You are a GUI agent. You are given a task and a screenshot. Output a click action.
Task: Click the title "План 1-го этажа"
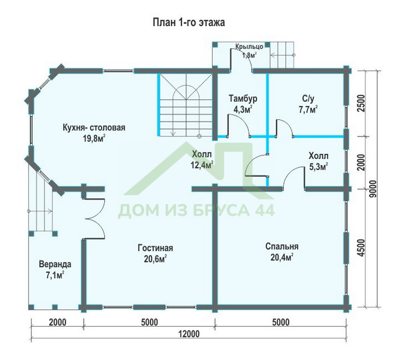[x=189, y=22]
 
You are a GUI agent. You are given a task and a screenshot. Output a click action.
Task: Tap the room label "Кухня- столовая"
[x=94, y=127]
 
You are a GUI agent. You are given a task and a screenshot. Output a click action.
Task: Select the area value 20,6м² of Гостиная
[x=156, y=259]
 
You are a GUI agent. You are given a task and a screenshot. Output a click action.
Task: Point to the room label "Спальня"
[x=282, y=247]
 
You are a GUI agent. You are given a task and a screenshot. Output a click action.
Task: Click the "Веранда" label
[x=55, y=264]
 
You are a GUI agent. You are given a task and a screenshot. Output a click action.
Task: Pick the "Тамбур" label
[x=243, y=98]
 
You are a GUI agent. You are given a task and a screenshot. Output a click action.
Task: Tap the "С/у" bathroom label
[x=308, y=98]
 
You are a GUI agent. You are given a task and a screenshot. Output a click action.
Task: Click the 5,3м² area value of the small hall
[x=319, y=166]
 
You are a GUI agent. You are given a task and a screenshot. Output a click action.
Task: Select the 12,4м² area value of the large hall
[x=202, y=165]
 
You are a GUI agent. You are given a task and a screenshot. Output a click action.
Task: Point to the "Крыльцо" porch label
[x=249, y=47]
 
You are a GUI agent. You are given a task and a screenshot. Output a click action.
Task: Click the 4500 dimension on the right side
[x=361, y=248]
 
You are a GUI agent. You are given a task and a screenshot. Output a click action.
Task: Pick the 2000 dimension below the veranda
[x=58, y=322]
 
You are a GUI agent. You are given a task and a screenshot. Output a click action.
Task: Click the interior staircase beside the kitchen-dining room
[x=185, y=105]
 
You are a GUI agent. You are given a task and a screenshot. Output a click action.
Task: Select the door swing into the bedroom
[x=294, y=178]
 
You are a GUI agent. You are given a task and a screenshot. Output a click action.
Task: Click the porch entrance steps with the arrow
[x=282, y=55]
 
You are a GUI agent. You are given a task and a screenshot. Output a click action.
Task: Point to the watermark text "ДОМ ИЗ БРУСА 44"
[x=196, y=210]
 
